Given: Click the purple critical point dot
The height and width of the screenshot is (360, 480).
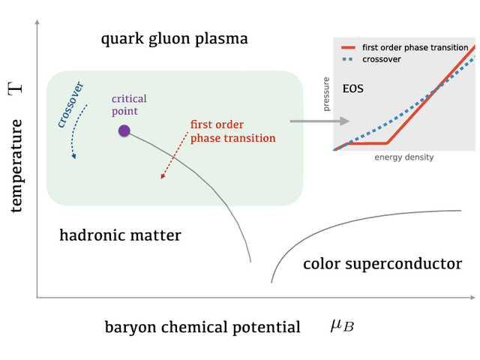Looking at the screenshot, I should (x=124, y=131).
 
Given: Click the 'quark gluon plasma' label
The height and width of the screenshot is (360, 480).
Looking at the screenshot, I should (x=174, y=38).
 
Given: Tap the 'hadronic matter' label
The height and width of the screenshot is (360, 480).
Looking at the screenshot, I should (x=120, y=235).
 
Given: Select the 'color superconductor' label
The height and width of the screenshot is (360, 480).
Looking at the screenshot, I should (x=382, y=263).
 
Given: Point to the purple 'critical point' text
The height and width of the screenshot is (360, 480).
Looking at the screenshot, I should (x=129, y=105).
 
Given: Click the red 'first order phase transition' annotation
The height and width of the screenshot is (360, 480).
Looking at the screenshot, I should (x=232, y=131).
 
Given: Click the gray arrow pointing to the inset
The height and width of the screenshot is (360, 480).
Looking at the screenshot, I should (x=319, y=121).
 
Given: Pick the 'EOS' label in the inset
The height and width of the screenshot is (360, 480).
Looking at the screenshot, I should (x=352, y=88).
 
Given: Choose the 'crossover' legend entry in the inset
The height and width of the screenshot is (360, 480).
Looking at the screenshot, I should (x=381, y=58).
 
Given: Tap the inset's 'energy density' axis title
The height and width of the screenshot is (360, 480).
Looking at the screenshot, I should (x=404, y=157).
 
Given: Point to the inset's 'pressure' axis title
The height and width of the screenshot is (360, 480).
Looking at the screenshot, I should (x=326, y=95).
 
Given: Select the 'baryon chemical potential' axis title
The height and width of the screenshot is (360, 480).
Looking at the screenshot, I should (x=202, y=327).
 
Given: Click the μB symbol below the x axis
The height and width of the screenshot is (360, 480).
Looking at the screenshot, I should (x=342, y=325).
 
